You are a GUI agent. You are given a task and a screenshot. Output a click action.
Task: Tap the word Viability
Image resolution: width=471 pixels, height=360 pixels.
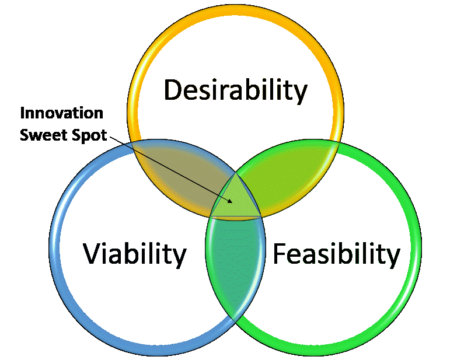point(135,254)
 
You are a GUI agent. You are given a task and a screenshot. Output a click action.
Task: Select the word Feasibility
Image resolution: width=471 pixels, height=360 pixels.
point(342,254)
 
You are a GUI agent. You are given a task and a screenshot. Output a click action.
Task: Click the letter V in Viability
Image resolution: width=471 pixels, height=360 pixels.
point(93,254)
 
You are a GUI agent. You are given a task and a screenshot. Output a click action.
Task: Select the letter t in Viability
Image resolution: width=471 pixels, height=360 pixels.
point(164,254)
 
